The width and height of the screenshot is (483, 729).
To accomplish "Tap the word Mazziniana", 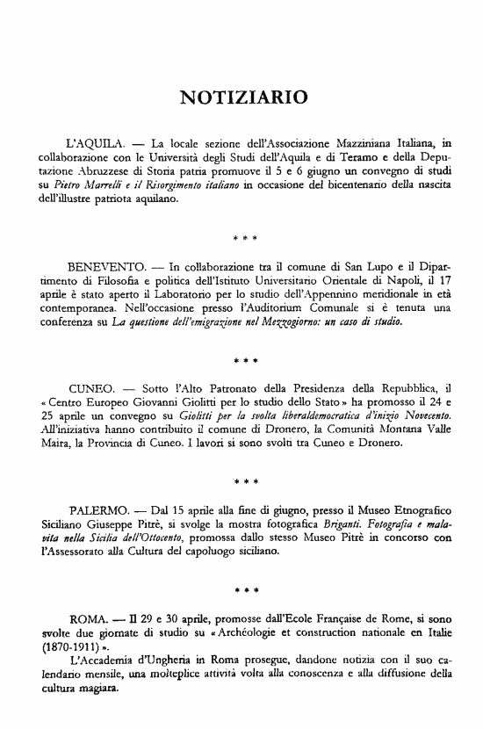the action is coord(362,140).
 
